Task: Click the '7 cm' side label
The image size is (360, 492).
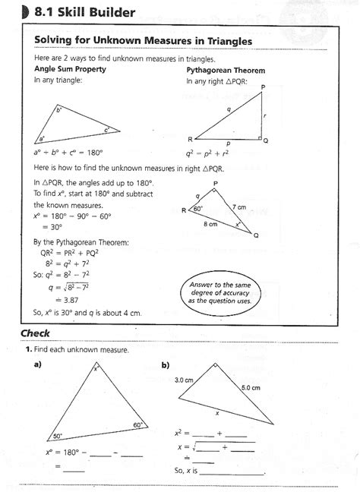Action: point(239,207)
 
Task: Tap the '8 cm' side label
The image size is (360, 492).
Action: point(211,225)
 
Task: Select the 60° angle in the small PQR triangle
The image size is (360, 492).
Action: point(198,208)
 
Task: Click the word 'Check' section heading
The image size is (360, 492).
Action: point(36,333)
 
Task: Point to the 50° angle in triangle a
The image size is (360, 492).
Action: point(57,436)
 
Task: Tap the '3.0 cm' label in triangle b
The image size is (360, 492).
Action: point(185,379)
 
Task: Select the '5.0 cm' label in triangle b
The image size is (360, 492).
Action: point(251,387)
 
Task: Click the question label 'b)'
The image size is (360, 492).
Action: point(166,364)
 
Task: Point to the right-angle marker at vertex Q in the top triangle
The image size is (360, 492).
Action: point(260,140)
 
